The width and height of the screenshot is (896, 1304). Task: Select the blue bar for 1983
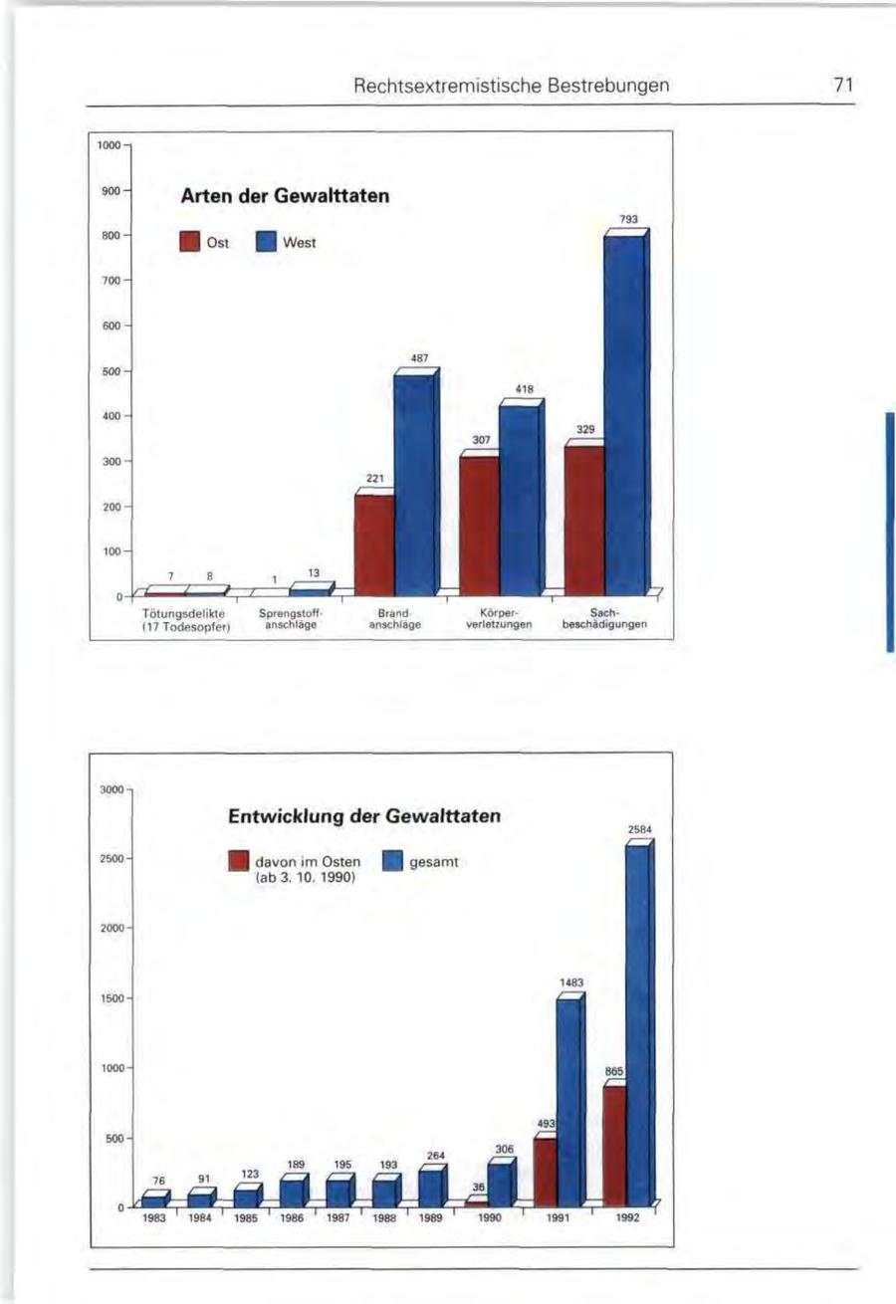(152, 1201)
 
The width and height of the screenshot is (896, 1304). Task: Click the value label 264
(434, 1155)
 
